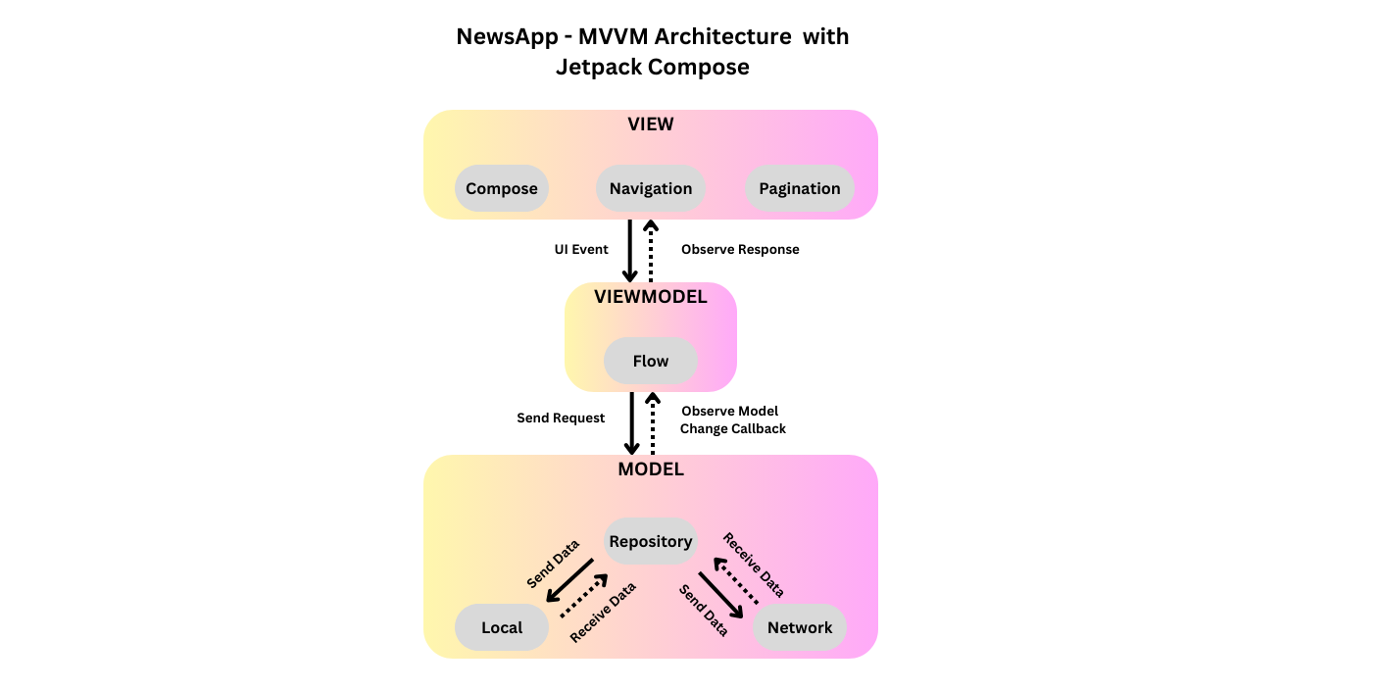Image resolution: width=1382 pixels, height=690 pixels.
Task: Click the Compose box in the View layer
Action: click(x=502, y=188)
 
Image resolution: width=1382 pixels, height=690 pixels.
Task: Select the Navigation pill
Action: click(x=651, y=188)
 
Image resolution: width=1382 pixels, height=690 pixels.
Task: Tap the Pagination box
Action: click(x=800, y=188)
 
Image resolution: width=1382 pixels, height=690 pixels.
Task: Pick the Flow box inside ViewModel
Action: click(x=651, y=361)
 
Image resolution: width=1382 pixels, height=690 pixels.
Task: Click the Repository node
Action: click(x=651, y=541)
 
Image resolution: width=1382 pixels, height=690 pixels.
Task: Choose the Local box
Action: click(x=502, y=627)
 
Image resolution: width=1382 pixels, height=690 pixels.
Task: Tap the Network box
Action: click(x=800, y=627)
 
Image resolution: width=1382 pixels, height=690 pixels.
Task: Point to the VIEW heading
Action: click(x=651, y=124)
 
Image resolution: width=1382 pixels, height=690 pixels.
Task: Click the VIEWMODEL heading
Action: click(x=651, y=297)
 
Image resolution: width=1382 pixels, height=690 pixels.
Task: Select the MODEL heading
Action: click(x=651, y=469)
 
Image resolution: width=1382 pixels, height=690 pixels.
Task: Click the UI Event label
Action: click(x=581, y=250)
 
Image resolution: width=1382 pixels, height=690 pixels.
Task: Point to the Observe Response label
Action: click(x=740, y=250)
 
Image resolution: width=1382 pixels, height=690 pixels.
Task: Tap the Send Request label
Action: click(x=561, y=419)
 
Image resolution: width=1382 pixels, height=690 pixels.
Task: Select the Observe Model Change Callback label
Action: click(x=732, y=419)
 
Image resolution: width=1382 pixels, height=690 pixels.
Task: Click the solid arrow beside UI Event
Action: click(x=630, y=251)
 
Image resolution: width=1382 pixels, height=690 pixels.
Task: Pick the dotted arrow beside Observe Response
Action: click(x=651, y=251)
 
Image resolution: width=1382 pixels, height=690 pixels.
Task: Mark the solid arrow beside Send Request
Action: click(x=631, y=423)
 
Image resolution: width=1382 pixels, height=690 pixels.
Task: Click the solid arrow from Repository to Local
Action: click(x=570, y=580)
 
